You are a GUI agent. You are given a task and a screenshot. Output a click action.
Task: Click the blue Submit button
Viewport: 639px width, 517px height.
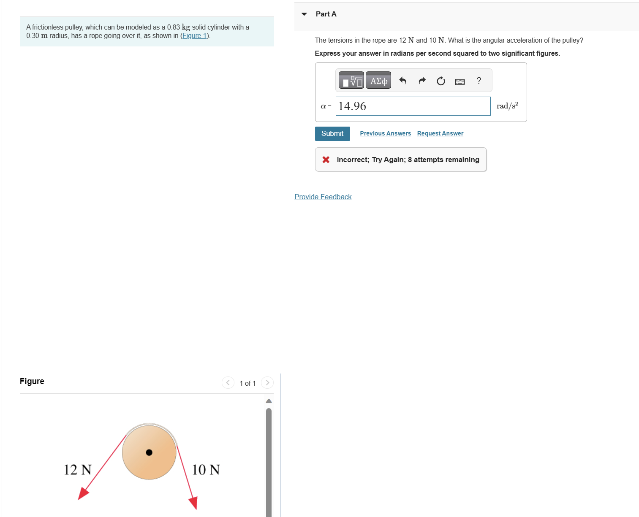332,134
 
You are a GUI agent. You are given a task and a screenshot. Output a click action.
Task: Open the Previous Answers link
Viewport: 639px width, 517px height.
385,133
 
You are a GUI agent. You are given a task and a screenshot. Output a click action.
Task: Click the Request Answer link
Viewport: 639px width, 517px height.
440,133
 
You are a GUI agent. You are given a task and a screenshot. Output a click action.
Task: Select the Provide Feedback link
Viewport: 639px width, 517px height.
323,197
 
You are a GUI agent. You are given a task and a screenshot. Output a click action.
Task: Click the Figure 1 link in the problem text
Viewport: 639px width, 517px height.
194,36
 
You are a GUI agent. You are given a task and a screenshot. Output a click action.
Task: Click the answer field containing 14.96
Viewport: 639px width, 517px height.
413,106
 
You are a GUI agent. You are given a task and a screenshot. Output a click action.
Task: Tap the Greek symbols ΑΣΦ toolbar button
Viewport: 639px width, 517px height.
378,81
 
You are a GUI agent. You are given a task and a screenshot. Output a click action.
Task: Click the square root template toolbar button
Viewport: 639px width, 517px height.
351,81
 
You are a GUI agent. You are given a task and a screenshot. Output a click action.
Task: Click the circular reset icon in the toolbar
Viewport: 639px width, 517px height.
441,81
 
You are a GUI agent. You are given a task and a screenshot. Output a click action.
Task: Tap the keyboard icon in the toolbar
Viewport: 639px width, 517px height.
460,81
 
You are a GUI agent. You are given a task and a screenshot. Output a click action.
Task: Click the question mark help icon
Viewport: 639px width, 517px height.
479,81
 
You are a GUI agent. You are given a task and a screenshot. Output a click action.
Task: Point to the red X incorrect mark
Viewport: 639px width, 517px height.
326,160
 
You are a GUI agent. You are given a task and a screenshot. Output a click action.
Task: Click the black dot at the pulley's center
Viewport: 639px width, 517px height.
149,452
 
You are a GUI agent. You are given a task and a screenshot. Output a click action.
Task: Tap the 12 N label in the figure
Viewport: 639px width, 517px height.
77,470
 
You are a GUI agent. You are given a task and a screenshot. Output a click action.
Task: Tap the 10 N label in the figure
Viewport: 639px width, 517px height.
206,470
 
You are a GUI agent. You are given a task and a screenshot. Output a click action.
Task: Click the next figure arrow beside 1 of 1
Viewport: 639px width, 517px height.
267,383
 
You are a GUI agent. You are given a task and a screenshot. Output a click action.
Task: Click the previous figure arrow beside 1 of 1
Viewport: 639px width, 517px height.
228,383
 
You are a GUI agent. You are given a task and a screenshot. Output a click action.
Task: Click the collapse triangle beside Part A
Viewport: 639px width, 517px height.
304,14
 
